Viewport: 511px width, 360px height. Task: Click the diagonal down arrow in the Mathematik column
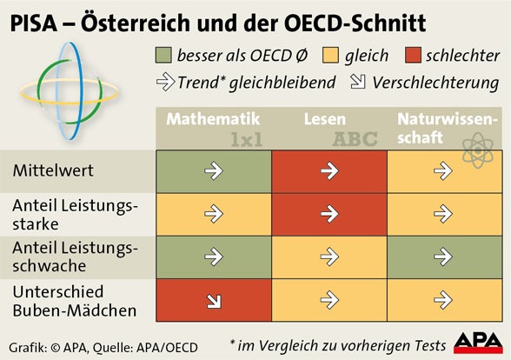click(213, 301)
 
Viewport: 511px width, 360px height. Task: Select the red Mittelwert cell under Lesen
click(328, 171)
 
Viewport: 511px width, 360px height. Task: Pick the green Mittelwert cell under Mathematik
click(213, 171)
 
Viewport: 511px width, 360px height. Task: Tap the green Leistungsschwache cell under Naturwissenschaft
click(444, 257)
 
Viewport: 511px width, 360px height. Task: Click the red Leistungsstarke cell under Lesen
click(328, 214)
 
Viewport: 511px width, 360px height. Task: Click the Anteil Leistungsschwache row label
click(75, 257)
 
